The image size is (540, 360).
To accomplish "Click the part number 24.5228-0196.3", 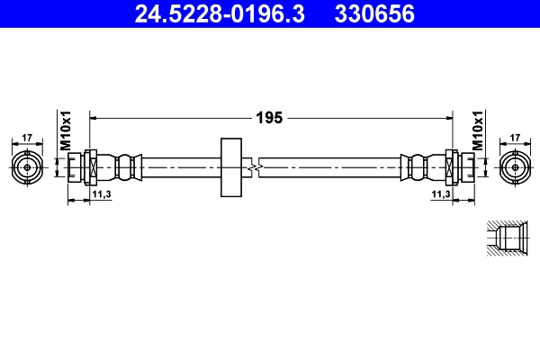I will click(x=213, y=13).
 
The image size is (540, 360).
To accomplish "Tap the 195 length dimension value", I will click(x=270, y=118).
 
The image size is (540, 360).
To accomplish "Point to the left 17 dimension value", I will click(x=27, y=137).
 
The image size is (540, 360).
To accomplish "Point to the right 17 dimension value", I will click(x=515, y=137).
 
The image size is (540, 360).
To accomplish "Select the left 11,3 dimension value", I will click(x=101, y=194).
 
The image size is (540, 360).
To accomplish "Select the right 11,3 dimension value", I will click(x=440, y=194).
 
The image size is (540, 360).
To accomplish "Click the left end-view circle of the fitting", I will click(x=27, y=167).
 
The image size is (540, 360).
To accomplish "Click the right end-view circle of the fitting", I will click(x=515, y=167).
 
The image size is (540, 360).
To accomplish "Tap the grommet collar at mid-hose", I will click(x=231, y=167).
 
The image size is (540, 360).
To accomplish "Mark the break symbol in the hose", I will click(x=258, y=167).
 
